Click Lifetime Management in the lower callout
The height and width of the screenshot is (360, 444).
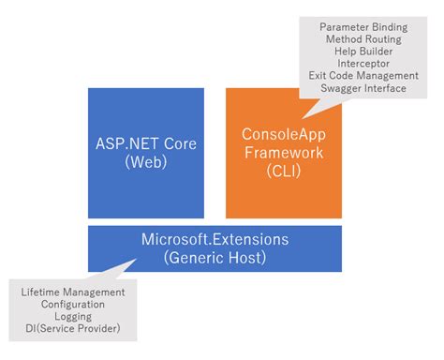click(x=73, y=292)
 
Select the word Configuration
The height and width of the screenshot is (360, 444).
click(x=73, y=305)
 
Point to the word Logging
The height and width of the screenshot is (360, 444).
click(x=73, y=318)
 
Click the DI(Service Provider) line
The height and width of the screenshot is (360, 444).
click(x=73, y=330)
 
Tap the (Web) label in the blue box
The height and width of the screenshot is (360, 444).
click(x=145, y=162)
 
